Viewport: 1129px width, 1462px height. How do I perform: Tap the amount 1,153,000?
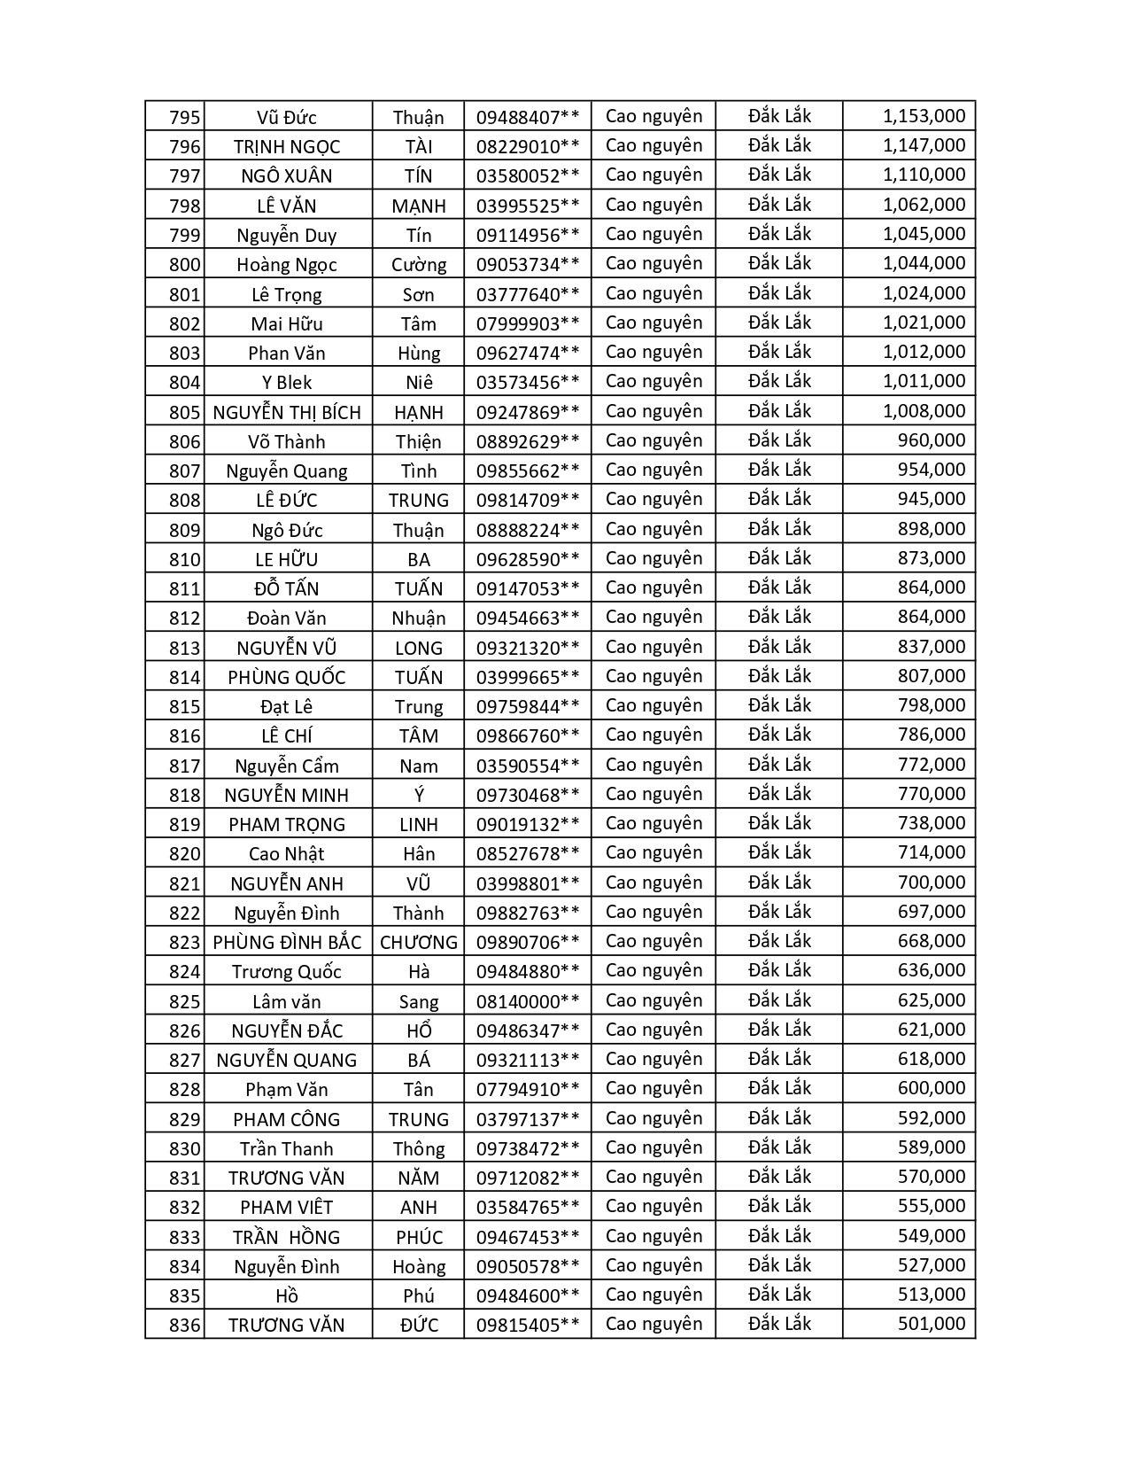tap(924, 116)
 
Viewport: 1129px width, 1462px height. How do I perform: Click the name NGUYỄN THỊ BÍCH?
tap(287, 412)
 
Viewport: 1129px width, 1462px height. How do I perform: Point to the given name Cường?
tap(419, 265)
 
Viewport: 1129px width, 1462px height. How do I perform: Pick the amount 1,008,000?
tap(924, 411)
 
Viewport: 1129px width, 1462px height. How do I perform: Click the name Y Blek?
tap(287, 383)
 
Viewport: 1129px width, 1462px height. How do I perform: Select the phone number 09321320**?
tap(527, 648)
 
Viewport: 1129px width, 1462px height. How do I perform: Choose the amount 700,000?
tap(931, 883)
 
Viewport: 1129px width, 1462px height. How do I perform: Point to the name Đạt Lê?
tap(287, 707)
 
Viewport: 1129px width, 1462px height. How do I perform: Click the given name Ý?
tap(419, 795)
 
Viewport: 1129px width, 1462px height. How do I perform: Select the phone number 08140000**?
tap(527, 1001)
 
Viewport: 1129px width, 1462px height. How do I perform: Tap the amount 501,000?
tap(931, 1325)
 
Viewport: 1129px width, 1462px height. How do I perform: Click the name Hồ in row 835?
tap(287, 1295)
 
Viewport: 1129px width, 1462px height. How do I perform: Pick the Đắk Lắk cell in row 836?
tap(779, 1324)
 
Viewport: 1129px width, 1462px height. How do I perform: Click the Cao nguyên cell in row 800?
tap(653, 264)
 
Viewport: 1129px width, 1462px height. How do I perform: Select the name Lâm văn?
tap(287, 1001)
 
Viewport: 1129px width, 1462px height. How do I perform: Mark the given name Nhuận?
tap(419, 618)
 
